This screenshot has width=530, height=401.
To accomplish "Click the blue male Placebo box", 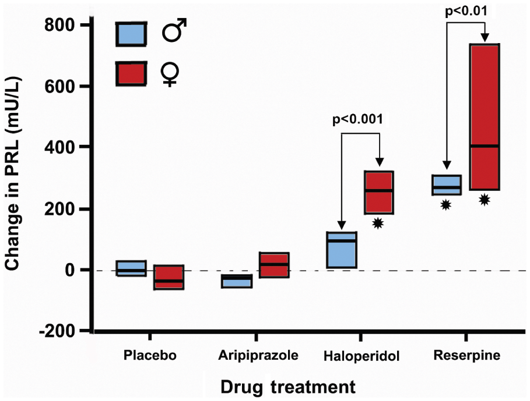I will coord(131,268).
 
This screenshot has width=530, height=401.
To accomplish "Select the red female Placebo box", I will coord(169,277).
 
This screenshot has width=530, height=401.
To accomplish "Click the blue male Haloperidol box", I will coord(341,250).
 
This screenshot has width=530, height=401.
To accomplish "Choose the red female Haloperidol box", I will coord(378,193).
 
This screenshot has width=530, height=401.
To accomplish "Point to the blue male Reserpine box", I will coord(446,185).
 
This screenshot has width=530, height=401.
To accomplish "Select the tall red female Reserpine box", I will coord(485,116).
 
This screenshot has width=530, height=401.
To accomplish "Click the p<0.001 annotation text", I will coord(357,120).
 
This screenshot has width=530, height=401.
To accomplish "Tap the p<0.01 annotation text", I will coord(465,10).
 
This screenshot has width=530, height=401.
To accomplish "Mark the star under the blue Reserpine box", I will coord(446,204).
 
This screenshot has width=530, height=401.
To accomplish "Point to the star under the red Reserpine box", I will coord(485,200).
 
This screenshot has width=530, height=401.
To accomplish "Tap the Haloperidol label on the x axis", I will coord(360,356).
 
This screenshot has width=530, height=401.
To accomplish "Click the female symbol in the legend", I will coord(170,73).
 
